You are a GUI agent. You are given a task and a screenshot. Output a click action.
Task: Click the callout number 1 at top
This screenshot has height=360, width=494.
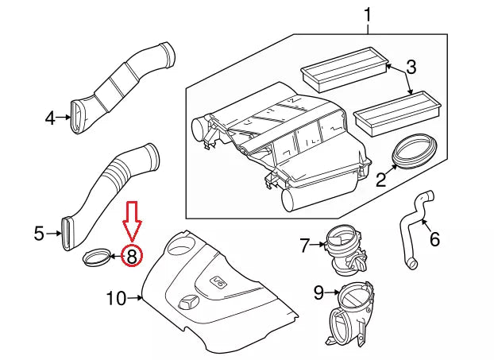[x=368, y=15]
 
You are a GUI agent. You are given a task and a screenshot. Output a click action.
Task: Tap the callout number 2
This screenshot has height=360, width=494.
[x=381, y=180]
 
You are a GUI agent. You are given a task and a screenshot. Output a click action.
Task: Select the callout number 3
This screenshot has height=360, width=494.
[x=411, y=68]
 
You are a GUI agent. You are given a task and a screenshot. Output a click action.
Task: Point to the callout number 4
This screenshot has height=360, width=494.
[x=49, y=118]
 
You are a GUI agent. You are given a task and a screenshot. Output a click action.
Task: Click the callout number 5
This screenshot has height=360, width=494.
[x=38, y=234]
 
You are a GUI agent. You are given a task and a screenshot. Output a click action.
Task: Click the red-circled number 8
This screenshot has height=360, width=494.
[x=132, y=255]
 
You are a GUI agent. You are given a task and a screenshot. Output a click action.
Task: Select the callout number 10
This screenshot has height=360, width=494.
[x=116, y=299]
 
